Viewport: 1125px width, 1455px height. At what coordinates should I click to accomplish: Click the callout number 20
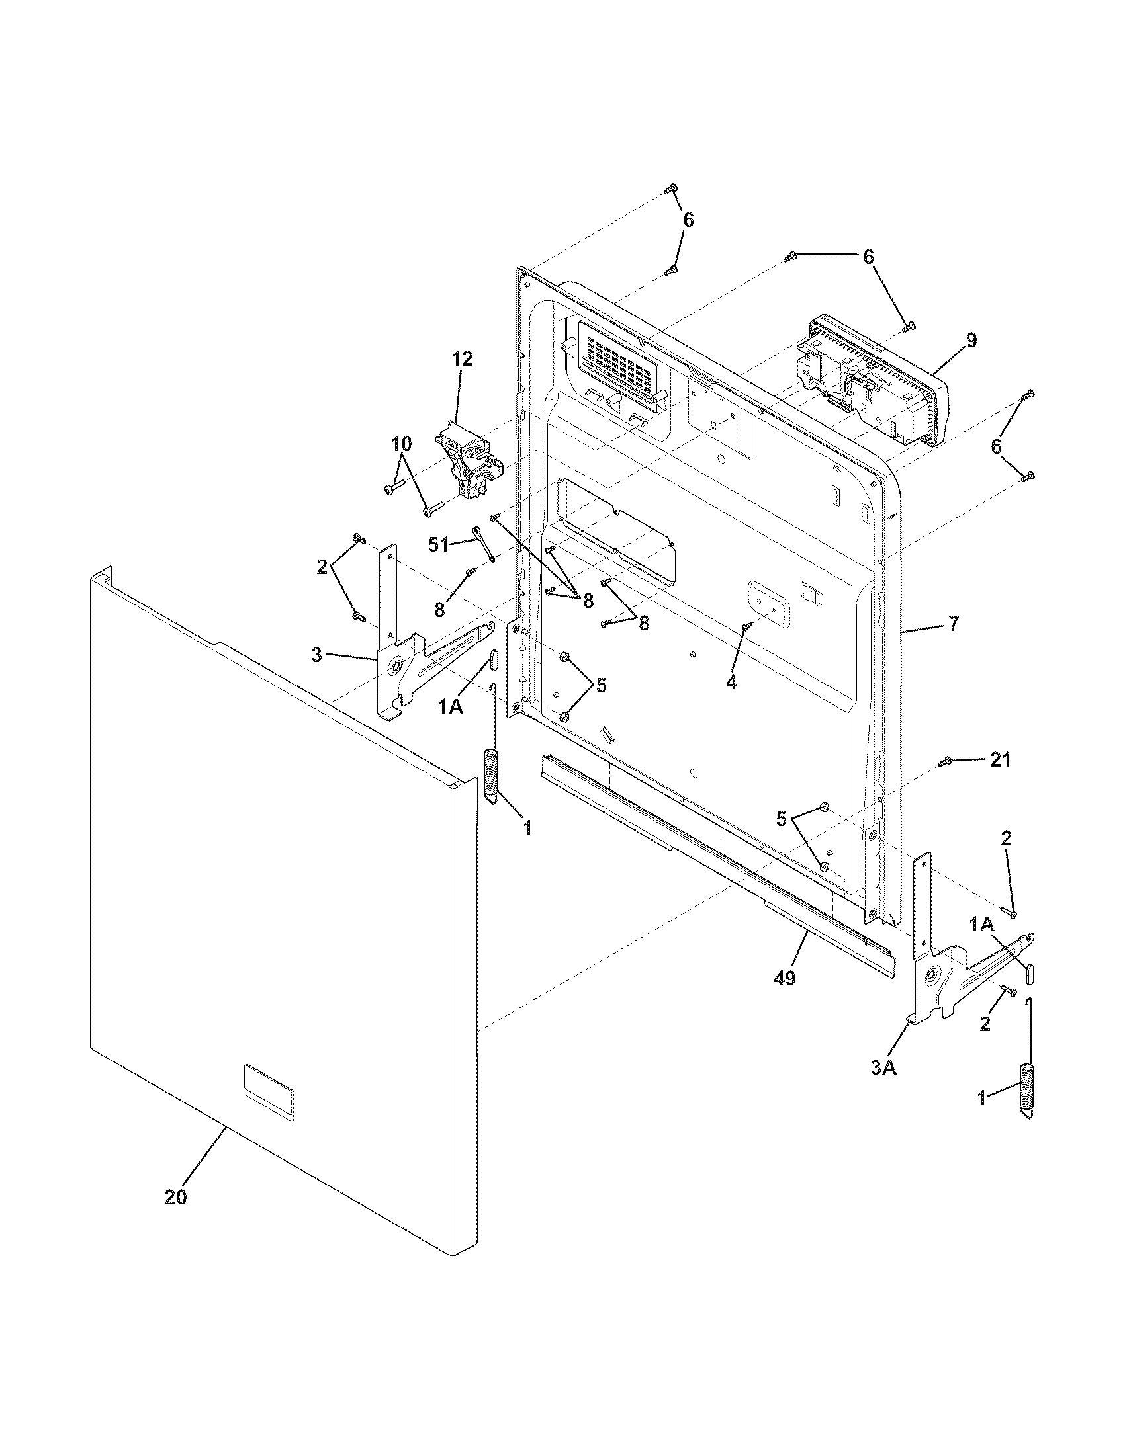tap(175, 1196)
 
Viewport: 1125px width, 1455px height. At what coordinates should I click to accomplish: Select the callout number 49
tap(785, 979)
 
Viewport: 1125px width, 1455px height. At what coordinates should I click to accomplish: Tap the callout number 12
tap(462, 359)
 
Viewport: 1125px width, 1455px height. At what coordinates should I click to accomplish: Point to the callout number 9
tap(971, 340)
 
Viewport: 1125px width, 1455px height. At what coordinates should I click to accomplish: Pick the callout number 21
tap(1000, 759)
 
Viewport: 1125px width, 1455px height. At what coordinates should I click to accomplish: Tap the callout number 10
tap(401, 443)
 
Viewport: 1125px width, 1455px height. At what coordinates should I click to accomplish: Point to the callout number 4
tap(731, 683)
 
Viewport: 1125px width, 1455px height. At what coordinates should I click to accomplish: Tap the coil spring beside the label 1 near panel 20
tap(490, 774)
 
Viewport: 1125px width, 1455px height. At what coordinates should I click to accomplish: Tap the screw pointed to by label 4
tap(747, 626)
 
